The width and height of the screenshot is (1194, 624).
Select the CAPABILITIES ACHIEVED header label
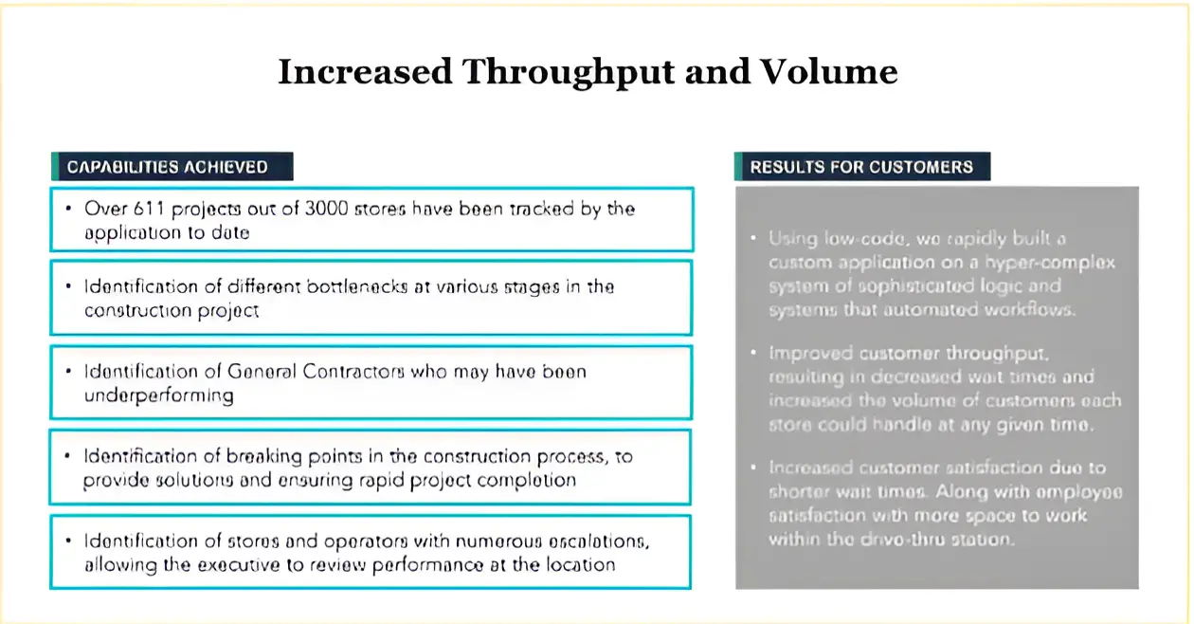click(168, 167)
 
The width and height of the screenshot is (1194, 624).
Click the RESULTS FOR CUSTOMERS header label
click(861, 167)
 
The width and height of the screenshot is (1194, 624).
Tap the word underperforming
click(158, 395)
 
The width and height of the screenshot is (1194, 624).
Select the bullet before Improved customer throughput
click(752, 353)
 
